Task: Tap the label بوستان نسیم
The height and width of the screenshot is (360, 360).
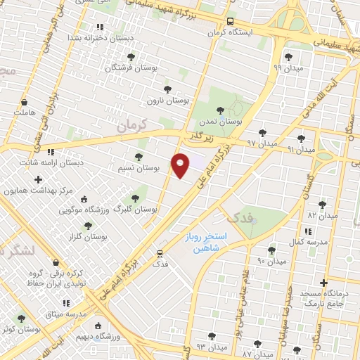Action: coord(157,169)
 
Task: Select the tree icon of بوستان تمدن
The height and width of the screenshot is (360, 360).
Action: coord(221,110)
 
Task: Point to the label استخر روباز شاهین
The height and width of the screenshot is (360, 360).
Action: coord(204,243)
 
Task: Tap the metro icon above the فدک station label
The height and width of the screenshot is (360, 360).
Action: coord(160,253)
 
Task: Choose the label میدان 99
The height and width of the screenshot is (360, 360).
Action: coord(287,68)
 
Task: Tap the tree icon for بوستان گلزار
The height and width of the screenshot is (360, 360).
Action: coord(88,226)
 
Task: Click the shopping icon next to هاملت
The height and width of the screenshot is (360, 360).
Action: coord(24,102)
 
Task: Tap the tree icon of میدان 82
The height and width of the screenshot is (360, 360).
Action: coord(321,205)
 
